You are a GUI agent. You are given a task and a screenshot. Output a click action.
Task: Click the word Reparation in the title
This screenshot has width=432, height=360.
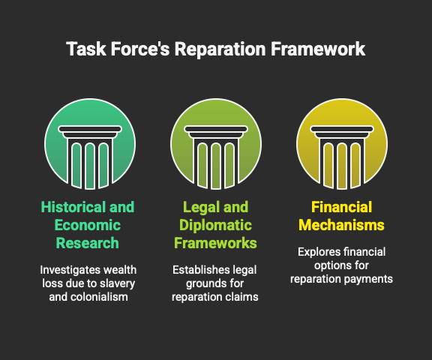[220, 49]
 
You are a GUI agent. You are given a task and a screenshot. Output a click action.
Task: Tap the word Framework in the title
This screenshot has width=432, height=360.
[318, 49]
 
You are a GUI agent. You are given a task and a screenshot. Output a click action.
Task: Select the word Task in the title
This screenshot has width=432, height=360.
[86, 49]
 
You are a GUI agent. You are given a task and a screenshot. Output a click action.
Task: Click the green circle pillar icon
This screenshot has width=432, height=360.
[90, 144]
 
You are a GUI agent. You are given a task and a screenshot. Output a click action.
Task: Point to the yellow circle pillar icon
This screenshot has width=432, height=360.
[342, 144]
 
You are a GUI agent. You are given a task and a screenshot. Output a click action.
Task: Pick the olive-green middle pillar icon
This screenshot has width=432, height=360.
[216, 144]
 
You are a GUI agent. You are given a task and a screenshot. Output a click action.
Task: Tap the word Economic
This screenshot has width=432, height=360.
[88, 225]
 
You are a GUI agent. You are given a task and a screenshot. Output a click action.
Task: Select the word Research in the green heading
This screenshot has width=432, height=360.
[88, 243]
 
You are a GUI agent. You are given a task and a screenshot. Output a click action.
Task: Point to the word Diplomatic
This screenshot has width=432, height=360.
[216, 226]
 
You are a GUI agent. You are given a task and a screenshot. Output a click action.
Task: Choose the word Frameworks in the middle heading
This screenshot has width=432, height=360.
[215, 243]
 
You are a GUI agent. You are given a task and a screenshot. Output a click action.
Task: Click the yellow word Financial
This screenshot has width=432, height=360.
[342, 207]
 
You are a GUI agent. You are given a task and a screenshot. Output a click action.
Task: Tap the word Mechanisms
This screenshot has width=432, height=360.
[342, 225]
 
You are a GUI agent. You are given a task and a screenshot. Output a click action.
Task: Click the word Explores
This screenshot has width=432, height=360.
[319, 253]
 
